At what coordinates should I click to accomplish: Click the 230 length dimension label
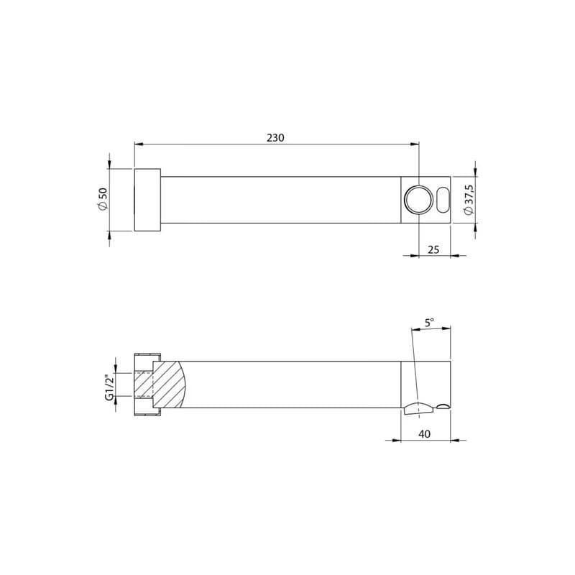click(x=275, y=137)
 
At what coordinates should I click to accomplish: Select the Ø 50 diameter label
click(x=103, y=200)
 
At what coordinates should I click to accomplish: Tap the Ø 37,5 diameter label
click(x=469, y=200)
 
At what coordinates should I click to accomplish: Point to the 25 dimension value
click(x=433, y=249)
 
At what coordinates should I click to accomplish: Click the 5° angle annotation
click(x=429, y=323)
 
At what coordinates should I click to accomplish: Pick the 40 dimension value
click(x=424, y=434)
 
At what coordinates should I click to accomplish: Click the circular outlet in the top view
click(x=418, y=200)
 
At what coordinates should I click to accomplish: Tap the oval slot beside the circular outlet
click(x=443, y=200)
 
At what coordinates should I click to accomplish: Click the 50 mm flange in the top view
click(x=147, y=200)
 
